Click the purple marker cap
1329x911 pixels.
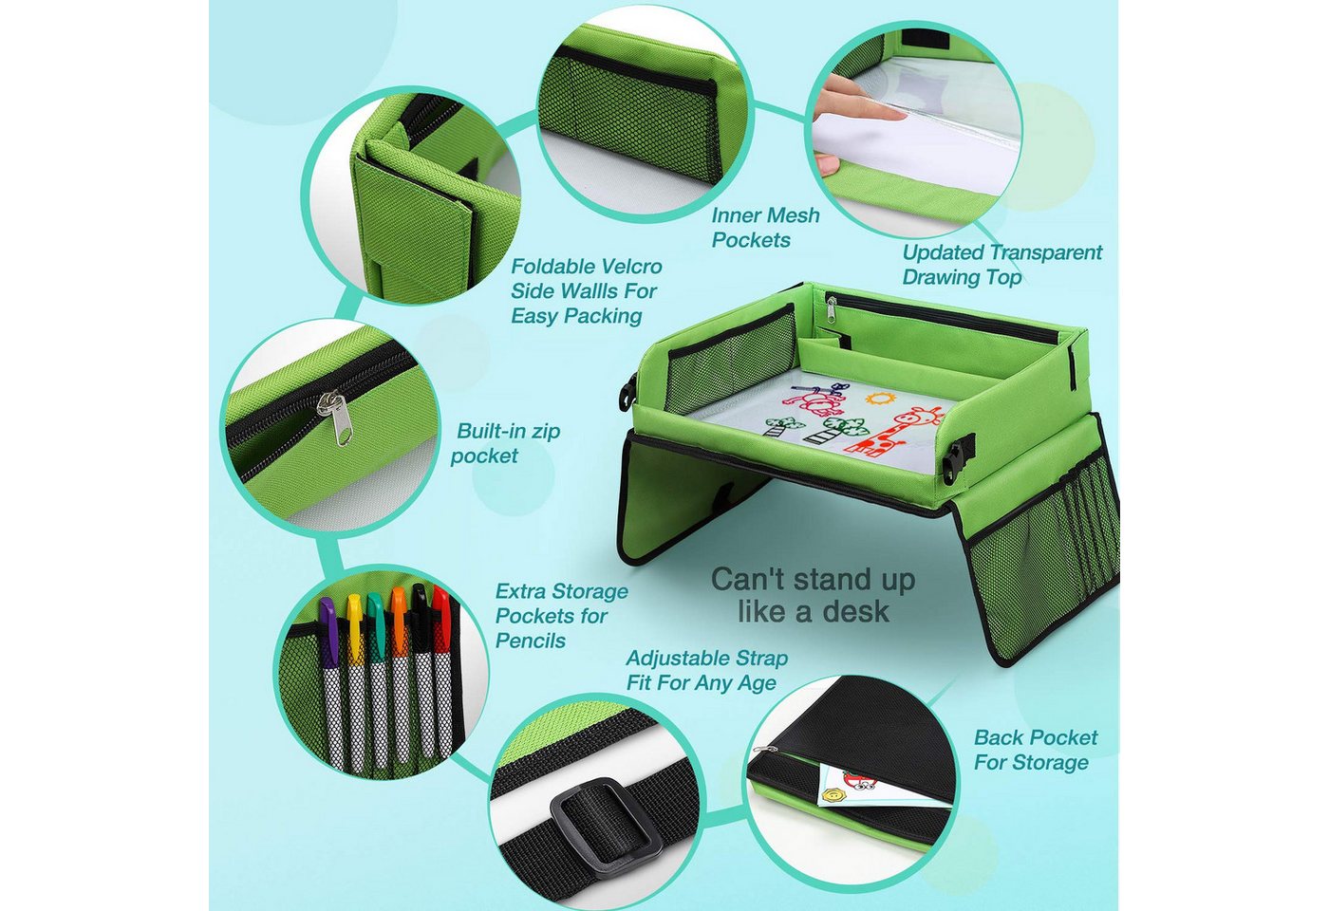pos(327,623)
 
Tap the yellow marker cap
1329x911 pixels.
pos(355,624)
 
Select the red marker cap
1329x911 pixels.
pos(440,617)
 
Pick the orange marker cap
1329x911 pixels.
pos(398,621)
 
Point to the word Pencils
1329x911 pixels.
pos(531,641)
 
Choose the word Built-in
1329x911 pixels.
pos(492,431)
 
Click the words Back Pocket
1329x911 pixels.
pos(1036,738)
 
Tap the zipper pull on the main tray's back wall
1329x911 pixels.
pos(832,308)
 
